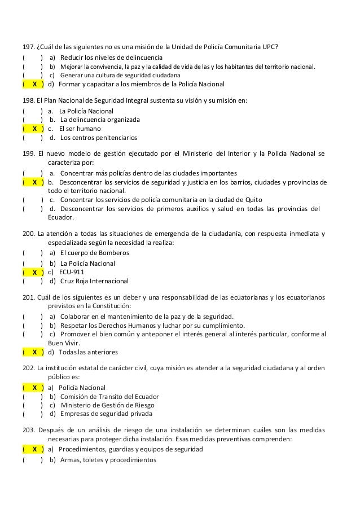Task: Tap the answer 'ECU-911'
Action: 72,272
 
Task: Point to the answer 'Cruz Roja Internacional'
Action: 94,281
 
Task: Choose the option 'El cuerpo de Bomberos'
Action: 94,253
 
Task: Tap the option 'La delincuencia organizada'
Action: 100,120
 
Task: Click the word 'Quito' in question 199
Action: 253,200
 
